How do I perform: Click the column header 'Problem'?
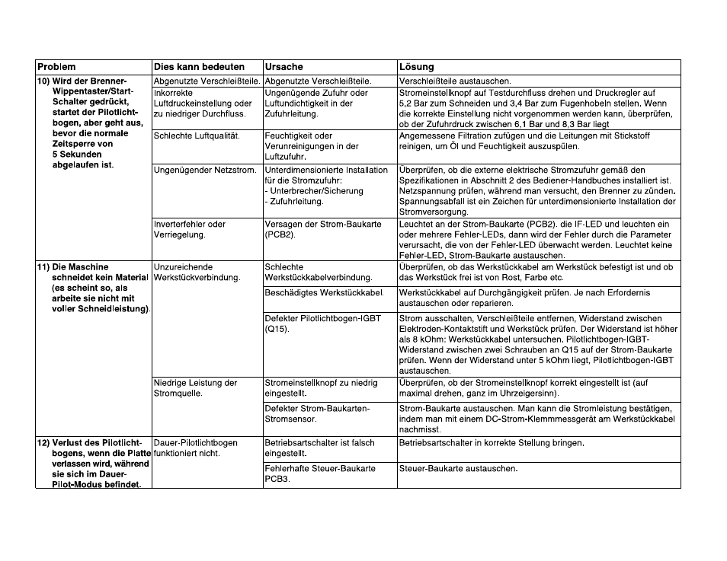(x=57, y=67)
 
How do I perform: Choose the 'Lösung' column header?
(x=416, y=67)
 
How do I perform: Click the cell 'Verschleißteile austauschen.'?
(x=456, y=81)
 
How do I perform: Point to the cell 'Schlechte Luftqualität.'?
(x=197, y=135)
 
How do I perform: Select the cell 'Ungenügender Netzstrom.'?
(x=205, y=170)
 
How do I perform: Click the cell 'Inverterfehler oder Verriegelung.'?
(x=190, y=229)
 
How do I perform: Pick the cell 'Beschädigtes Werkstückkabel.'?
(x=323, y=292)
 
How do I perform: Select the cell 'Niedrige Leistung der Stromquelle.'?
(x=196, y=388)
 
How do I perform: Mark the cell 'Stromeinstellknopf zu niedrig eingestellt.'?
(x=320, y=388)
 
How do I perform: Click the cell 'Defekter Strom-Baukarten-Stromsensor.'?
(x=317, y=414)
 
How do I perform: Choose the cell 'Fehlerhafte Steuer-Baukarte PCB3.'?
(x=319, y=473)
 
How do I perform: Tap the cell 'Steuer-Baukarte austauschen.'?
(x=458, y=468)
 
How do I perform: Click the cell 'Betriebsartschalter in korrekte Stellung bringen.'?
(x=492, y=442)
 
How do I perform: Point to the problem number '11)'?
(x=43, y=267)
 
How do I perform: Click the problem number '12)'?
(x=43, y=442)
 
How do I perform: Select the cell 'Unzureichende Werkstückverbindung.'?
(x=197, y=273)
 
